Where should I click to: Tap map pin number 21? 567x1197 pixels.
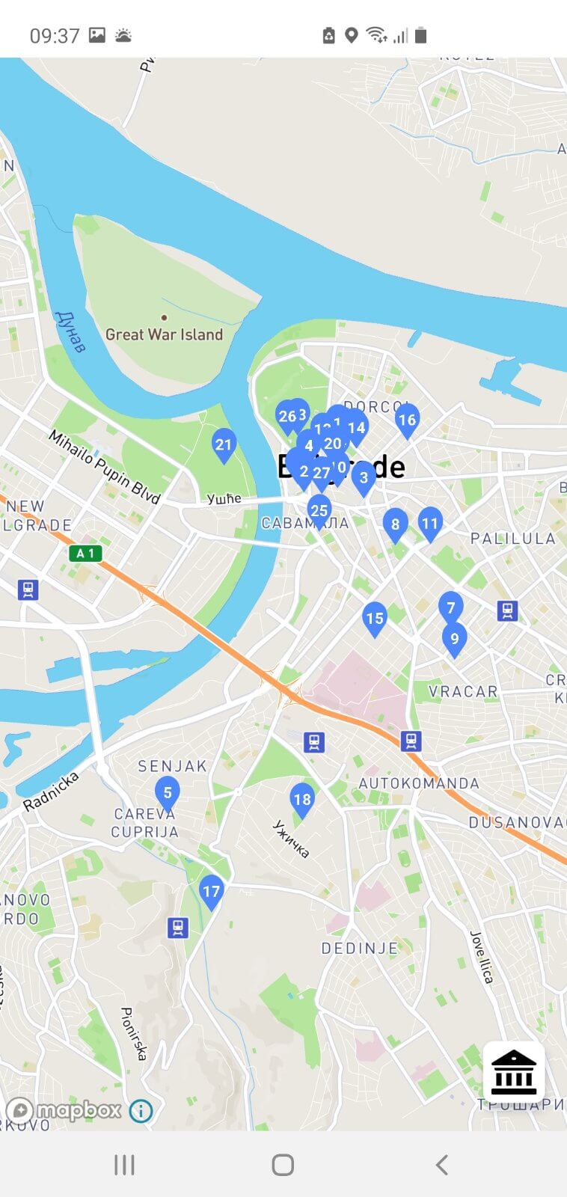pyautogui.click(x=224, y=445)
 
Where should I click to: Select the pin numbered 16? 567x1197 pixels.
pyautogui.click(x=407, y=420)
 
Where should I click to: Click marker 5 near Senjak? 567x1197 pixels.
pyautogui.click(x=168, y=793)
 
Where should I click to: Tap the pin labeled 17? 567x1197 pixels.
pyautogui.click(x=212, y=892)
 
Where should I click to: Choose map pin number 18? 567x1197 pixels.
pyautogui.click(x=301, y=800)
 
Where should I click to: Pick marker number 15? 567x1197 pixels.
pyautogui.click(x=375, y=619)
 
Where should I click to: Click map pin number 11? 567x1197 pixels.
pyautogui.click(x=429, y=524)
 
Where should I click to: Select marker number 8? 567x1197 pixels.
pyautogui.click(x=395, y=524)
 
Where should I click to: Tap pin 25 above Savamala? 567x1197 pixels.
pyautogui.click(x=319, y=511)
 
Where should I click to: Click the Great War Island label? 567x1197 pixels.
pyautogui.click(x=164, y=334)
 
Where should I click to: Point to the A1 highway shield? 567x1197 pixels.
pyautogui.click(x=85, y=554)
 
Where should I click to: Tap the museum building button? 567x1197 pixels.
pyautogui.click(x=514, y=1072)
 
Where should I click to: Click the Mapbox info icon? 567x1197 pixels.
pyautogui.click(x=141, y=1111)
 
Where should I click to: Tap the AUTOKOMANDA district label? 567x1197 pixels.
pyautogui.click(x=419, y=783)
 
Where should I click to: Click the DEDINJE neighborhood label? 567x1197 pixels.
pyautogui.click(x=359, y=949)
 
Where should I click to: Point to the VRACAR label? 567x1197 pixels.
pyautogui.click(x=463, y=692)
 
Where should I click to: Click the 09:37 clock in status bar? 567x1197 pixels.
pyautogui.click(x=55, y=36)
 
